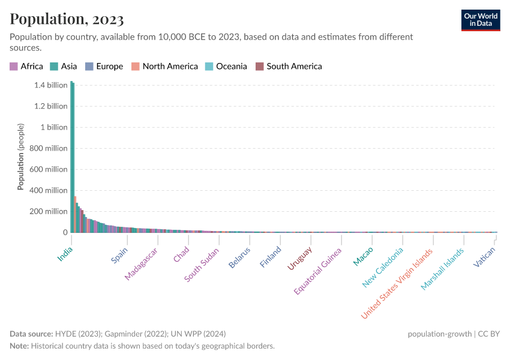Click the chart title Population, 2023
point(67,19)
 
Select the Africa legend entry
point(26,67)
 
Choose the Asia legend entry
point(64,67)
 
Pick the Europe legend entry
point(104,67)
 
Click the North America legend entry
point(165,67)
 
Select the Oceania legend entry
point(226,67)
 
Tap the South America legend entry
point(289,67)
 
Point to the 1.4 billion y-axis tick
point(50,85)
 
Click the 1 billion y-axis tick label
point(53,127)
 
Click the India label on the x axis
point(65,254)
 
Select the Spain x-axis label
point(119,255)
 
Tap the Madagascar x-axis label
point(141,263)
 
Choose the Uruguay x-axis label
point(299,259)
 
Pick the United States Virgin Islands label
point(397,283)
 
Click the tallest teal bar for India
point(71,156)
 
